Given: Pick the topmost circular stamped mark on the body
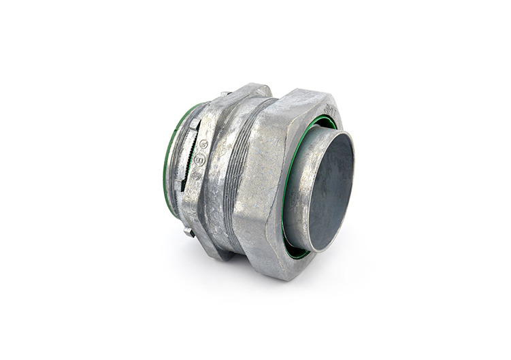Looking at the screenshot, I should (x=203, y=144).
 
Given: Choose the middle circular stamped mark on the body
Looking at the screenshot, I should (x=199, y=160).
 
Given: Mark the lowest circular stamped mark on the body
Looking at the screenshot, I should (x=197, y=176).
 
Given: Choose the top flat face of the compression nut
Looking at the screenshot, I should (x=299, y=102).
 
